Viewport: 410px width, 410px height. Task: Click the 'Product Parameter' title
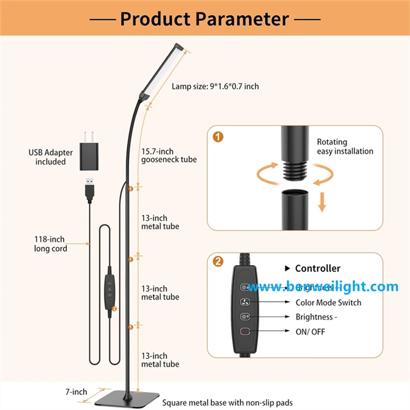tap(204, 19)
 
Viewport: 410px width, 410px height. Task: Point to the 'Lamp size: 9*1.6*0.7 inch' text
tap(215, 86)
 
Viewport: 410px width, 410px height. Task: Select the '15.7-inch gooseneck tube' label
tap(168, 156)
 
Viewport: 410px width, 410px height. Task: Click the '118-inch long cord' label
tap(51, 244)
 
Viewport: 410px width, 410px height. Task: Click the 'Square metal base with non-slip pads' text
tap(227, 403)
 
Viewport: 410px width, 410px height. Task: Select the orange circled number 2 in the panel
tap(216, 261)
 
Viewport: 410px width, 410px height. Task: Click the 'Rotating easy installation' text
tap(345, 147)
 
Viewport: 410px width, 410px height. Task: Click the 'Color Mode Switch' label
tap(329, 303)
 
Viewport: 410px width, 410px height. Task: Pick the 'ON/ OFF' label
tap(310, 332)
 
